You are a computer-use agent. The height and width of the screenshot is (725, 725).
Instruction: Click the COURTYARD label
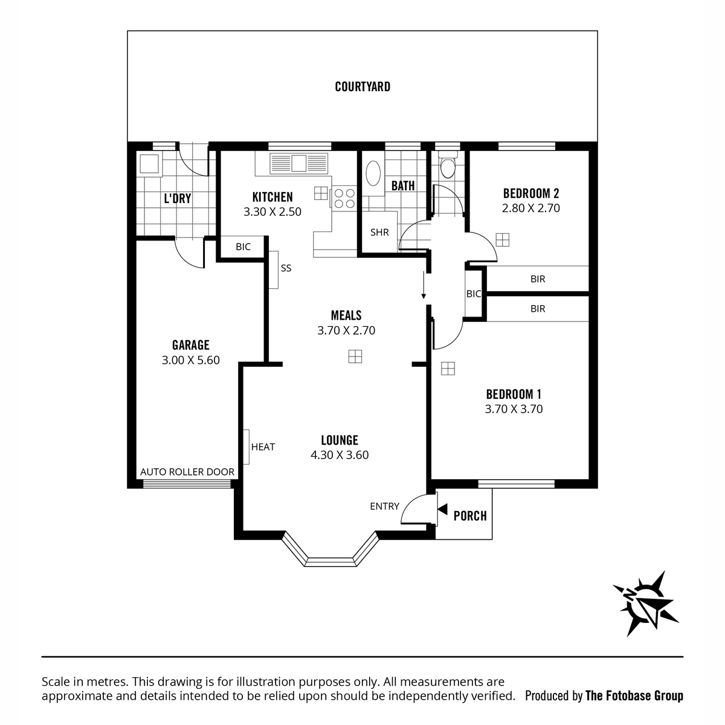point(362,87)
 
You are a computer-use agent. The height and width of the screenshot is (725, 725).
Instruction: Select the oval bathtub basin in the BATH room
point(373,173)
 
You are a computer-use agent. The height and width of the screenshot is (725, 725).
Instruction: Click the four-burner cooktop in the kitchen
point(344,198)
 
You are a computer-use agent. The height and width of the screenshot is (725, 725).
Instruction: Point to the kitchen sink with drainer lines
point(298,163)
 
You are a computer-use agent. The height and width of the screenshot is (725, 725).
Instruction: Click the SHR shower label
point(379,233)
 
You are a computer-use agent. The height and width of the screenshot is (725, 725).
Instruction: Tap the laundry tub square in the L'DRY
point(149,164)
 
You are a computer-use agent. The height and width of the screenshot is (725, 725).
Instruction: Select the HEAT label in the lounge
point(263,446)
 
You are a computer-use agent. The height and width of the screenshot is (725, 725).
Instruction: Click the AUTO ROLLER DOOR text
point(187,472)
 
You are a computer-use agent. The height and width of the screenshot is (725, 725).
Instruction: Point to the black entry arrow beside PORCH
point(442,509)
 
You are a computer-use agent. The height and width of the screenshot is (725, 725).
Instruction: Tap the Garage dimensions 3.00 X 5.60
point(191,360)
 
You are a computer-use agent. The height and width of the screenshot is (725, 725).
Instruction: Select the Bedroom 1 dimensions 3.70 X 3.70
point(514,409)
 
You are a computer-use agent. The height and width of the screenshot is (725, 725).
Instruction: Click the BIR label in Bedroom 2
point(538,279)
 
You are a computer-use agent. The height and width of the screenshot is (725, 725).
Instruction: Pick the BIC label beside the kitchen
point(243,247)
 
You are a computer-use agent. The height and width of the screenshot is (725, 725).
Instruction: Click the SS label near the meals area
point(286,268)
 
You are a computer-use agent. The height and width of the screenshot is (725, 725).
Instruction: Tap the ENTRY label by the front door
point(384,506)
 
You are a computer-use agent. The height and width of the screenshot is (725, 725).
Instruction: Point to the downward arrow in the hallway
point(424,285)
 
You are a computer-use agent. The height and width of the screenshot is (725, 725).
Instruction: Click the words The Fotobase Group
point(634,696)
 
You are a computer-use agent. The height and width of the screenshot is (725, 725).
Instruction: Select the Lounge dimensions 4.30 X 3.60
point(340,455)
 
